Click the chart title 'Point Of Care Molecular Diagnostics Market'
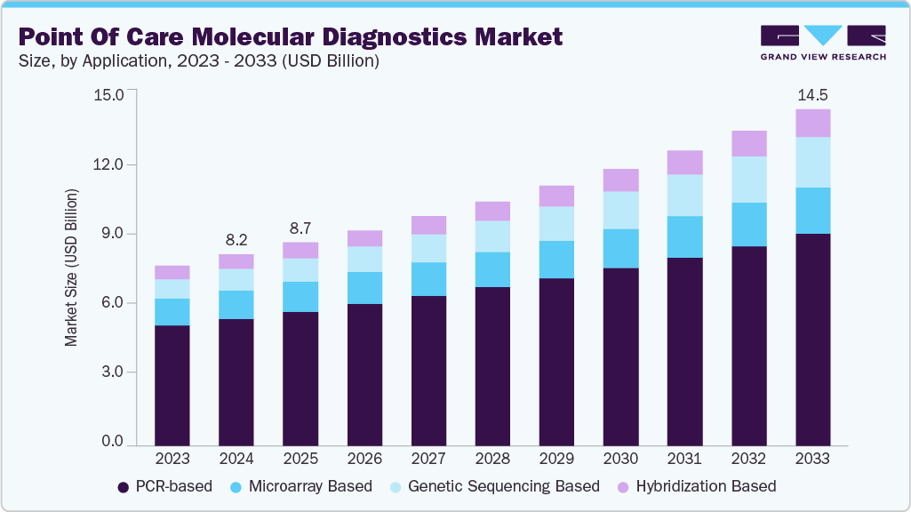tap(290, 36)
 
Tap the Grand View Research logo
tap(823, 42)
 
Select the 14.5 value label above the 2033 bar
tap(812, 94)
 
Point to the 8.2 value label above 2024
tap(236, 239)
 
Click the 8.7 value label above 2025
tap(300, 228)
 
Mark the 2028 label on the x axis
tap(492, 459)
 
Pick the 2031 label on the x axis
tap(684, 459)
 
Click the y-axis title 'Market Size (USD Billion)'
tap(71, 267)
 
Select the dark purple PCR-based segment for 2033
tap(812, 338)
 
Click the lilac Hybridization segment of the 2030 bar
tap(620, 180)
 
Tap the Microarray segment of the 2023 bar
tap(172, 312)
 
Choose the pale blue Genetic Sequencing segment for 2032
tap(748, 180)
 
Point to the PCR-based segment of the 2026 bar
tap(364, 373)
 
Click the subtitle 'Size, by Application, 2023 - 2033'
tap(201, 61)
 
